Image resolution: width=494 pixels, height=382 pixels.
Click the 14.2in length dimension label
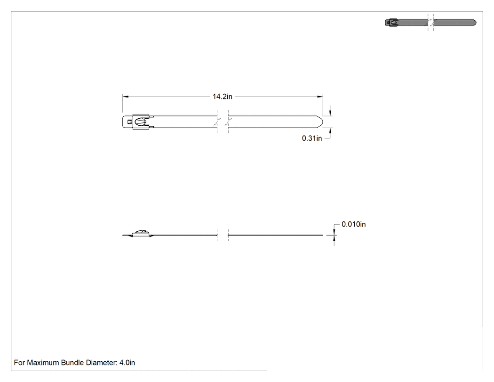(223, 97)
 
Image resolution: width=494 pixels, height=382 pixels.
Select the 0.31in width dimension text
(312, 138)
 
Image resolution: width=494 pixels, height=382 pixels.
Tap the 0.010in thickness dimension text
(353, 224)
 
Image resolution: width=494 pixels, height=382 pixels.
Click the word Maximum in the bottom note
(43, 363)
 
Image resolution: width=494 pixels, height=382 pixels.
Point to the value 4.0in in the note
(127, 363)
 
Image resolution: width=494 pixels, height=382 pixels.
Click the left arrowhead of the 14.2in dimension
(126, 97)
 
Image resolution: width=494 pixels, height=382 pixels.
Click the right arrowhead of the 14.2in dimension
(320, 97)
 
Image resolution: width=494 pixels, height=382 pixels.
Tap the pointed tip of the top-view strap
(323, 122)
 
